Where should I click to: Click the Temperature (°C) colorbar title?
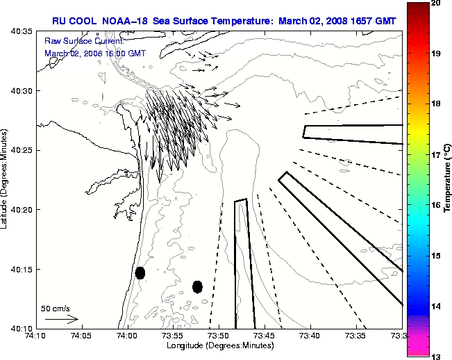tap(448, 179)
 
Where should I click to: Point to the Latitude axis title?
tap(5, 179)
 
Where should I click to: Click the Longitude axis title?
tap(218, 345)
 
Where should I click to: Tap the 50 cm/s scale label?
tap(56, 308)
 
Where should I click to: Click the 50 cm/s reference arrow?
tap(61, 319)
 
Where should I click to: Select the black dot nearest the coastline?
tap(140, 272)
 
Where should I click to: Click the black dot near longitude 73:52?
tap(197, 286)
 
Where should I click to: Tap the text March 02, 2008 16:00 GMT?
tap(95, 53)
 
